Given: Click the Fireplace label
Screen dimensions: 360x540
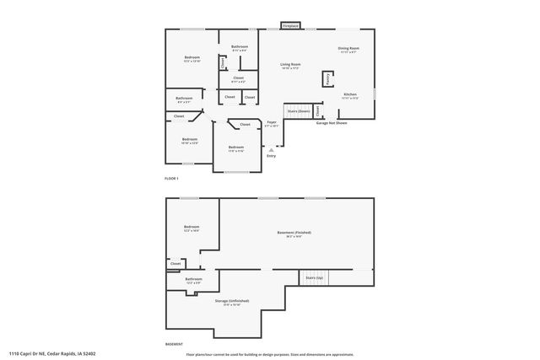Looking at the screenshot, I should [x=289, y=26].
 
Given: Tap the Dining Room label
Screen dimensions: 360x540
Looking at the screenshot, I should [x=348, y=49].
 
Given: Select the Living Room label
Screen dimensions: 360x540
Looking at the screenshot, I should [x=290, y=65].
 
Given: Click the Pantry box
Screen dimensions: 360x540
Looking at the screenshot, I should [x=327, y=78].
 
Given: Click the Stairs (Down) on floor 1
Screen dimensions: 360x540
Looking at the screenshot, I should [x=298, y=110].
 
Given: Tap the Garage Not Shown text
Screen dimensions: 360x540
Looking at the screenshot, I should [x=332, y=123].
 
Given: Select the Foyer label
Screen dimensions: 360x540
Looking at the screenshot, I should [x=272, y=123].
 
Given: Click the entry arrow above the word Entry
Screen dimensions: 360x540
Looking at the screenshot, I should [x=271, y=149].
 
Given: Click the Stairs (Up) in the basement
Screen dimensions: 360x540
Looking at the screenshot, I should [x=313, y=277].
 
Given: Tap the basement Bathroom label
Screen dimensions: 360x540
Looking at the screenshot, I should [x=194, y=279].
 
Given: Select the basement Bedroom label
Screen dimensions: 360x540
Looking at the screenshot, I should [x=192, y=227].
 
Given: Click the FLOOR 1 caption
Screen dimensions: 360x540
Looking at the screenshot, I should [x=171, y=179].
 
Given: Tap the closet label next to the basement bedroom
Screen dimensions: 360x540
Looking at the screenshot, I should [x=175, y=263].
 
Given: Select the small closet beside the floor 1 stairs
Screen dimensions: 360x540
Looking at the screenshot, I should [x=318, y=110].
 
